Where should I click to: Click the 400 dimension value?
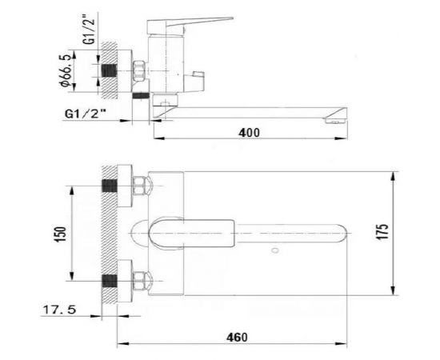click(x=249, y=133)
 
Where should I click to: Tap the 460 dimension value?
click(x=237, y=338)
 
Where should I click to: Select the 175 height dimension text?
click(x=382, y=232)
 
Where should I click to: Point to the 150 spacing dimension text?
click(x=61, y=234)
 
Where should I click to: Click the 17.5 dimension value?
click(x=59, y=310)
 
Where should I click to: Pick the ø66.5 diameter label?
click(x=65, y=70)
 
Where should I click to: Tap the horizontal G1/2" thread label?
click(x=86, y=114)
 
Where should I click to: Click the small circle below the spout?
click(x=275, y=250)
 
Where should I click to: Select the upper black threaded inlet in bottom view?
click(x=110, y=186)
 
